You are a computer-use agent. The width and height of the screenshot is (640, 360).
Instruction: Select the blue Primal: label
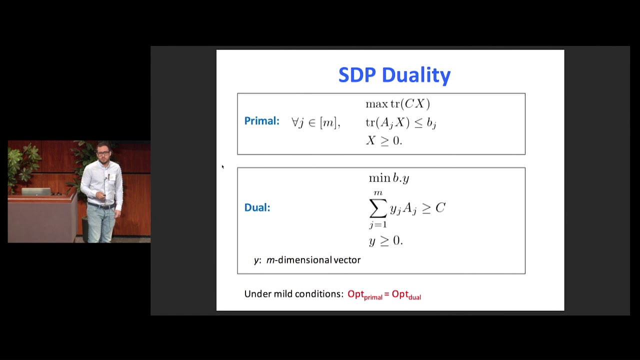pos(261,121)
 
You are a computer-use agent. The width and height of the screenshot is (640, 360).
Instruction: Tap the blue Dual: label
pos(257,207)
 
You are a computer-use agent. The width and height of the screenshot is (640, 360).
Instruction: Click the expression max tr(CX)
pos(397,104)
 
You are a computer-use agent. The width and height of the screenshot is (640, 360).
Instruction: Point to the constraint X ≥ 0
pos(383,140)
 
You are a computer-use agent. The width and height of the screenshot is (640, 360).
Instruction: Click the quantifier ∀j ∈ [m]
pos(315,122)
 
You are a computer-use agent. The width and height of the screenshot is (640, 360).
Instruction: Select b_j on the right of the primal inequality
pos(431,123)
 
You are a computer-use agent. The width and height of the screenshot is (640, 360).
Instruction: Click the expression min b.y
pos(388,178)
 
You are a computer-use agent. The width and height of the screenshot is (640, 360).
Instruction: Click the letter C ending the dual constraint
pos(440,208)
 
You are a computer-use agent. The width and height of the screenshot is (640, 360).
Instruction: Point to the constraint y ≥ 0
pos(385,241)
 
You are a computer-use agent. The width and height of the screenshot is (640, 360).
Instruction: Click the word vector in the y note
pos(347,260)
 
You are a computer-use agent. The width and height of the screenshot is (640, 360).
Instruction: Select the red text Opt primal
pos(364,294)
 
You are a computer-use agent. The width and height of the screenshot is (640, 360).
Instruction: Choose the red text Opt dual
pos(406,294)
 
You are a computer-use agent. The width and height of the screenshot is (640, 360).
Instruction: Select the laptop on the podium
pos(35,191)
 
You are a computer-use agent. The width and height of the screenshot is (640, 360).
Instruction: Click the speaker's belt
pos(101,205)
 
